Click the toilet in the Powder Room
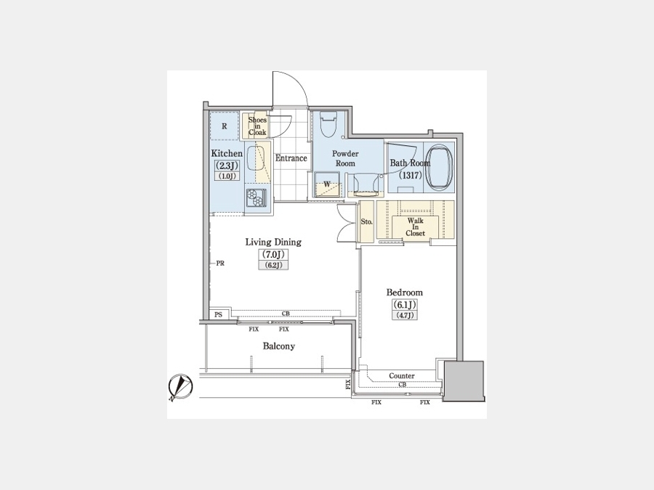point(328,124)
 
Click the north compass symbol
point(180,387)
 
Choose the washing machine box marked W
point(327,184)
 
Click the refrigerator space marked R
point(224,126)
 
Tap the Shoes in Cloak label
point(257,126)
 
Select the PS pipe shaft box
point(219,315)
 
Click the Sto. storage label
point(367,221)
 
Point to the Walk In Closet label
point(416,227)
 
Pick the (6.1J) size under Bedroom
point(404,305)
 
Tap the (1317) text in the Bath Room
point(410,176)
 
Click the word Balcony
point(278,346)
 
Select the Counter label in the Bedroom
point(402,376)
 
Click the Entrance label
point(291,158)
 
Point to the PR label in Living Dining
point(220,264)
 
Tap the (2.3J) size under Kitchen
point(227,166)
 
